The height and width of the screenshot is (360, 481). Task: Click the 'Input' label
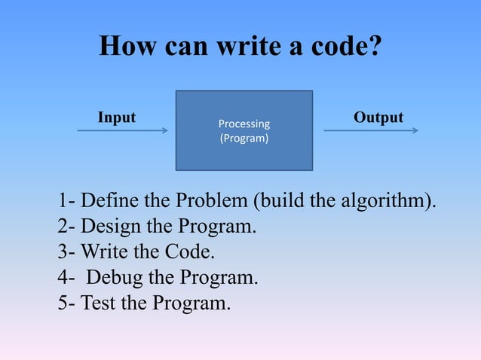click(117, 117)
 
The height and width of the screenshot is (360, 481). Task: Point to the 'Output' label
click(378, 117)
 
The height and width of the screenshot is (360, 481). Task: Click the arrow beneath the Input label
click(122, 130)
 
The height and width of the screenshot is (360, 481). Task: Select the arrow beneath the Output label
click(371, 130)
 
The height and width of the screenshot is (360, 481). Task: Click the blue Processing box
click(244, 158)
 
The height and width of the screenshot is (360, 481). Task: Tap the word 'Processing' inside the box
click(244, 124)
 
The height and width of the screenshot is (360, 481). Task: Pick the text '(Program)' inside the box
click(244, 139)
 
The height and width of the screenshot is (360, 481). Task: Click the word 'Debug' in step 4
click(115, 278)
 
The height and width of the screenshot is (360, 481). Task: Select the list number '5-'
click(66, 304)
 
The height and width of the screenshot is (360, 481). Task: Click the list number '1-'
click(66, 201)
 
